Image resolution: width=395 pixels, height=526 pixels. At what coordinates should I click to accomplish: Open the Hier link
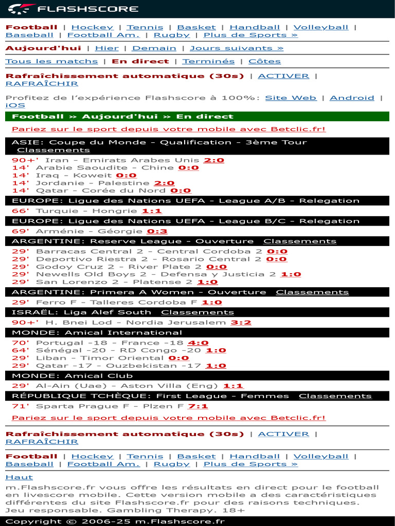pos(106,48)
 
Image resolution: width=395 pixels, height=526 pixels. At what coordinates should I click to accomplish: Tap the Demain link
pos(154,48)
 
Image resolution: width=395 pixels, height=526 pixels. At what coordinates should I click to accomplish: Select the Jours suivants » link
pos(237,48)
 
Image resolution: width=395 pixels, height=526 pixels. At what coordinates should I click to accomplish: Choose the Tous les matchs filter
pos(51,62)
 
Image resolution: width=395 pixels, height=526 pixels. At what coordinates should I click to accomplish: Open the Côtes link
pos(264,62)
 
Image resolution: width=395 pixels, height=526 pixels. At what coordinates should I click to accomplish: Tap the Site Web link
pos(291,98)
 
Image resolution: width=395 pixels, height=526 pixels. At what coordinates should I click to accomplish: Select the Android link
pos(352,98)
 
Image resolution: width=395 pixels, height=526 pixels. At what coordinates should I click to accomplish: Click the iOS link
pos(15,105)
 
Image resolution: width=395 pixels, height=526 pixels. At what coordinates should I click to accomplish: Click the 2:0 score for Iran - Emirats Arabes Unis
pos(214,160)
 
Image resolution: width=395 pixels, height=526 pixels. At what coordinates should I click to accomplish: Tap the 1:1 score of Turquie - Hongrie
pos(152,211)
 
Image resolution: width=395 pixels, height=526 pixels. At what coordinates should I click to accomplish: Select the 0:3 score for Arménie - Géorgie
pos(157,232)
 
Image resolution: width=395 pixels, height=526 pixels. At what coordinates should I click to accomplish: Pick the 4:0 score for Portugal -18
pos(198,343)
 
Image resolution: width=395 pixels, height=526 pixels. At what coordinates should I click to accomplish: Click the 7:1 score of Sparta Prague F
pos(198,406)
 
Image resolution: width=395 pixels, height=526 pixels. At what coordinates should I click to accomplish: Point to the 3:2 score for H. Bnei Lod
pos(241,323)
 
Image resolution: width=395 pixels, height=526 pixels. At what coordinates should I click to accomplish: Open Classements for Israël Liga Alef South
pos(197,312)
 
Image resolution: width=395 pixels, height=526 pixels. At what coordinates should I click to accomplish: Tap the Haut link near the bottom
pos(15,477)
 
